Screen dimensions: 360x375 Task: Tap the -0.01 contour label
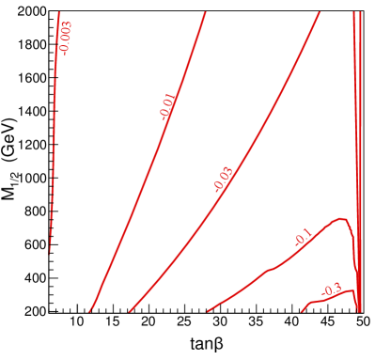click(167, 108)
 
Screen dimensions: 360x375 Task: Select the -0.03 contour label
click(223, 179)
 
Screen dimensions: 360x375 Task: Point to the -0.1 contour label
click(303, 238)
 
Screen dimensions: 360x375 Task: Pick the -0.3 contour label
click(332, 290)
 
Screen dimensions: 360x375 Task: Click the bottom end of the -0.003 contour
click(50, 253)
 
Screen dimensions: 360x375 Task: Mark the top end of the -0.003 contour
click(59, 12)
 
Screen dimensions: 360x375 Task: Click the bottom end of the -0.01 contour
click(90, 311)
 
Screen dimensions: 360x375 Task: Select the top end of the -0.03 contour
click(320, 12)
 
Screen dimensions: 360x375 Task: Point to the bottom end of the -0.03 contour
click(129, 311)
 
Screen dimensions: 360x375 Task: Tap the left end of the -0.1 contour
click(207, 311)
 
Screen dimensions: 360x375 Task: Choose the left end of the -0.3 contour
click(302, 311)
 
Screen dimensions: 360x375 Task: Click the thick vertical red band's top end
click(356, 12)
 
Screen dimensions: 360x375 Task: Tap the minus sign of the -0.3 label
click(324, 294)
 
